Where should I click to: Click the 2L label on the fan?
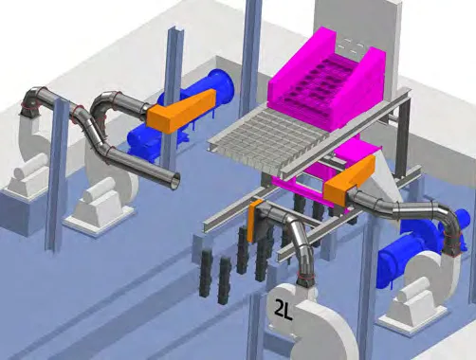pyautogui.click(x=282, y=308)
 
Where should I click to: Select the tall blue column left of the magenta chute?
pyautogui.click(x=250, y=57)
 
